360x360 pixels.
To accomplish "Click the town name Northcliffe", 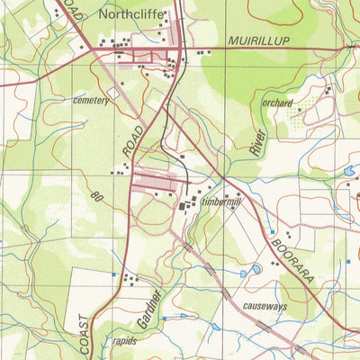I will [x=135, y=14].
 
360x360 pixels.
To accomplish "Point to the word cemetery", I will [x=91, y=101].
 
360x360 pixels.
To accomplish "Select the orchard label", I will [x=277, y=103].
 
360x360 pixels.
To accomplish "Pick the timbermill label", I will [x=222, y=203].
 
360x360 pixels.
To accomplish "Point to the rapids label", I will [x=125, y=342].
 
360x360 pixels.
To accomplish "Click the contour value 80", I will [x=97, y=195].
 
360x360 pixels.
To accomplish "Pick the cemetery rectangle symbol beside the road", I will [x=114, y=92].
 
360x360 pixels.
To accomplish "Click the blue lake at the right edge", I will [x=348, y=169].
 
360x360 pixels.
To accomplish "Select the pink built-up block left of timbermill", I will [x=156, y=184].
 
